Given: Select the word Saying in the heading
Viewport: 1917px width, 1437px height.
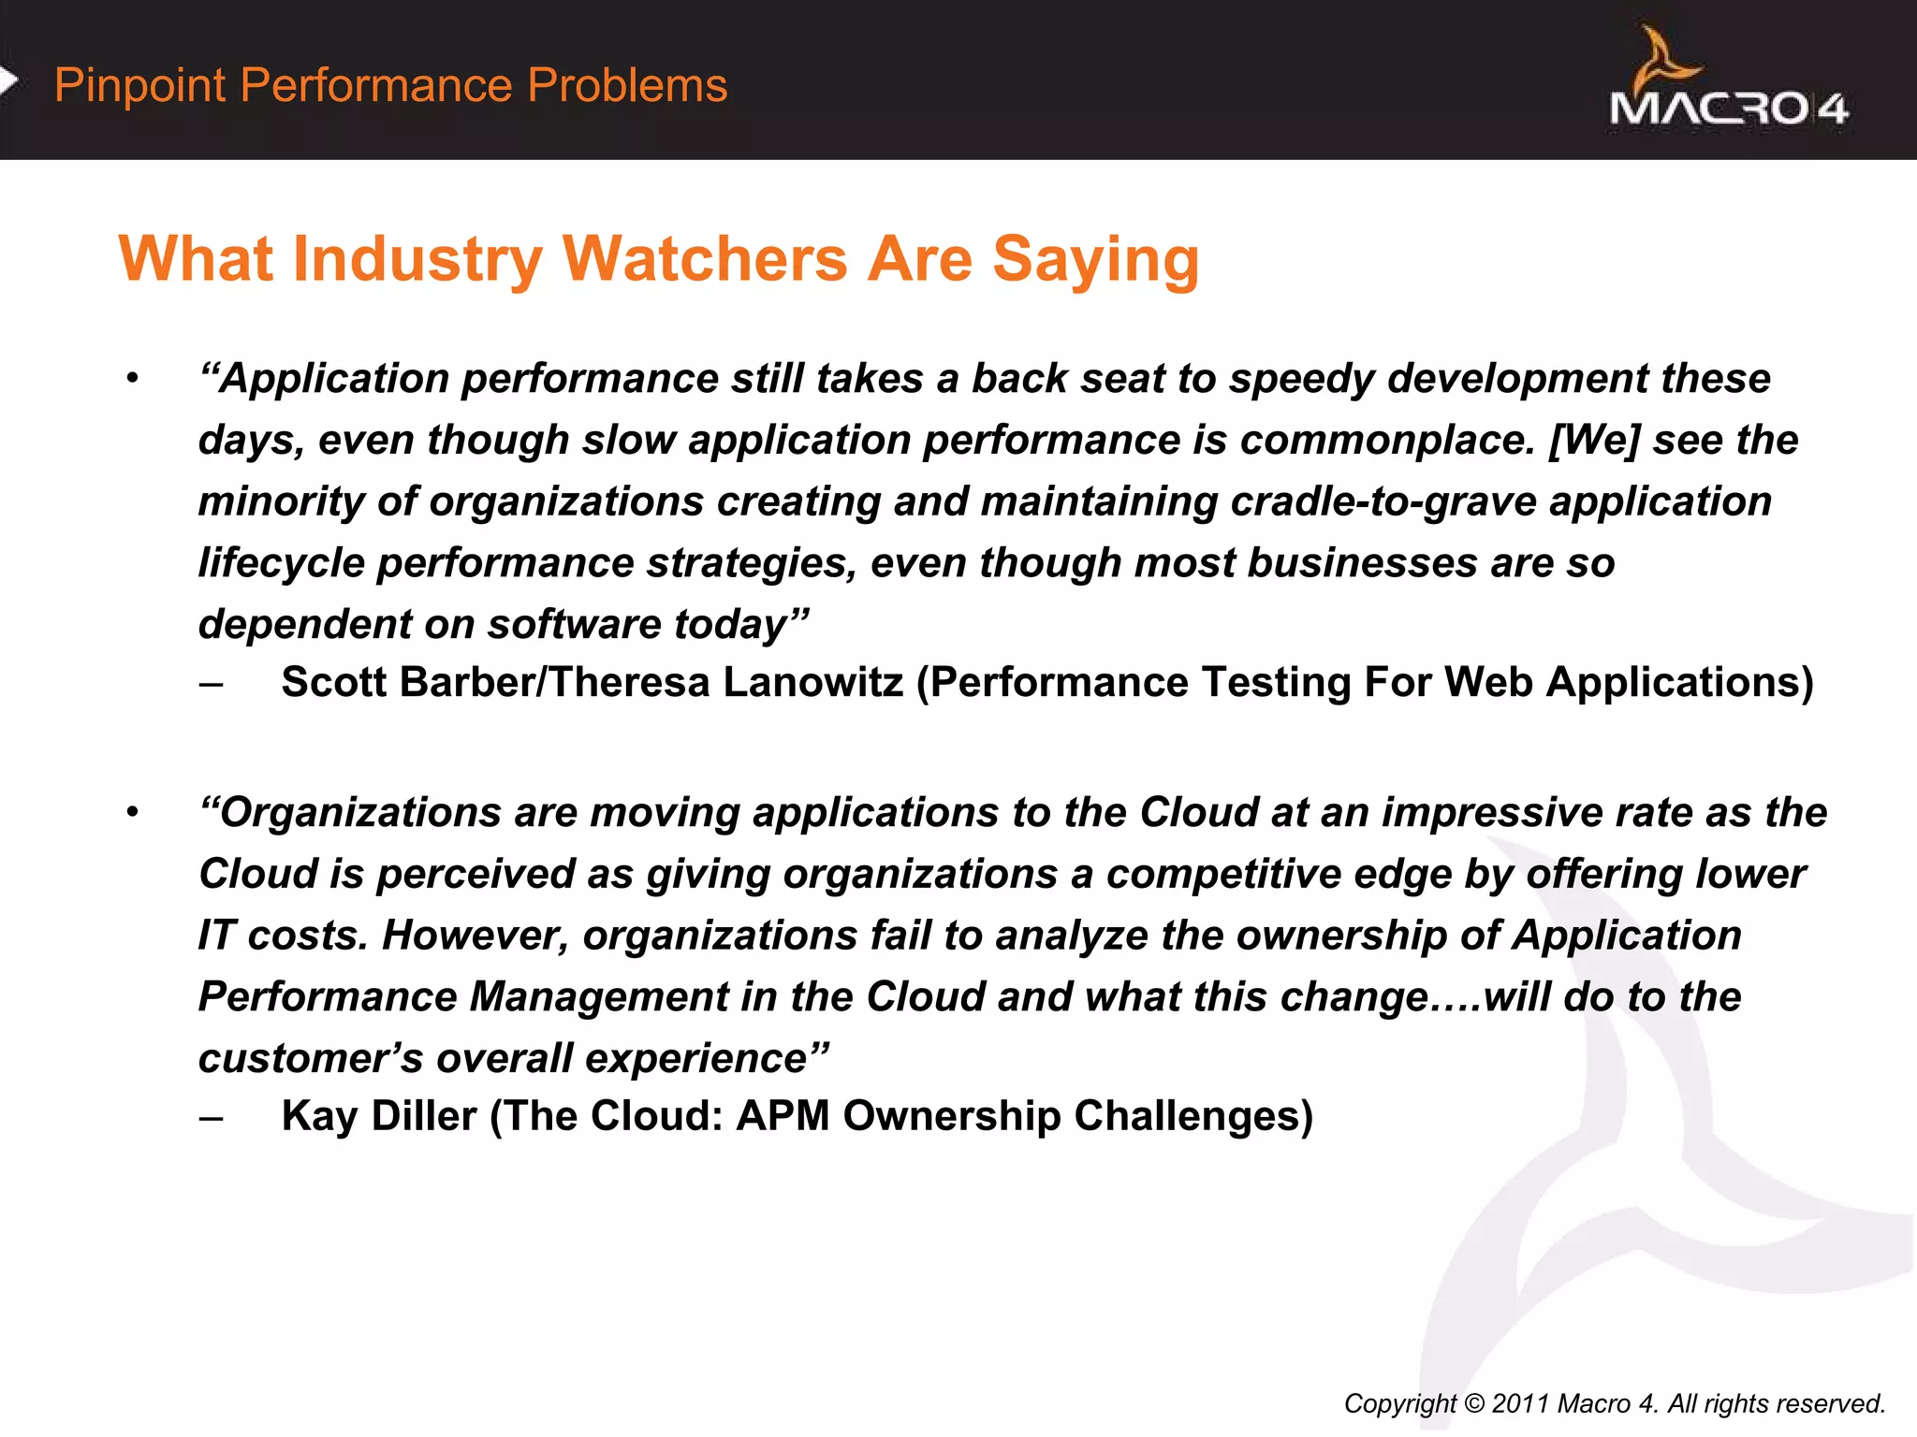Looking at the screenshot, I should (x=1095, y=261).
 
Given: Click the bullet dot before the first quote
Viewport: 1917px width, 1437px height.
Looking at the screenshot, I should (x=133, y=379).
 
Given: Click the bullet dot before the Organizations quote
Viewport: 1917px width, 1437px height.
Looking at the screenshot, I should (x=133, y=812).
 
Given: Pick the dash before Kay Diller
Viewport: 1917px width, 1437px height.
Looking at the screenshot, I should (x=212, y=1117).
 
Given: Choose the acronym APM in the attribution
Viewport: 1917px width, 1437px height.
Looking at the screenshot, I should (x=783, y=1116).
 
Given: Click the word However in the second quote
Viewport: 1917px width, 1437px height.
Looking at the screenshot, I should (x=476, y=936).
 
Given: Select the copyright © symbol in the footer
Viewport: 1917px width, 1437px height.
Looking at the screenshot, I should (x=1474, y=1403).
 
